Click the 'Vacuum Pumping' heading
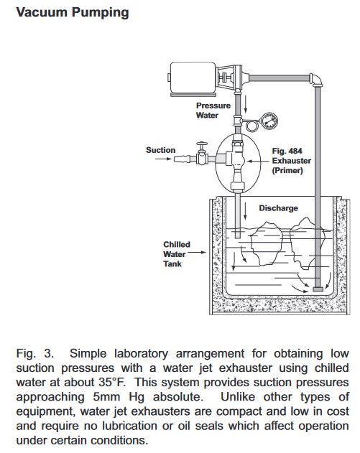[73, 13]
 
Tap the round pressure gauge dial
[269, 121]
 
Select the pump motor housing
[193, 78]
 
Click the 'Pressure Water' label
[213, 111]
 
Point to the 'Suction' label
[160, 150]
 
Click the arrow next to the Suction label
[163, 159]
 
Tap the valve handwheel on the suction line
[202, 144]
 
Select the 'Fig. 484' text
[287, 151]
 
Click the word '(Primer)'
[287, 170]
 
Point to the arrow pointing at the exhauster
[257, 162]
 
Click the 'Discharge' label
[278, 208]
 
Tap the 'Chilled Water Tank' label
[176, 254]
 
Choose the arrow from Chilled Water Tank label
[197, 252]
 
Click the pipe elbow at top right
[315, 80]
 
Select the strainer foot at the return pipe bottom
[318, 289]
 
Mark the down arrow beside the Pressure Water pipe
[246, 105]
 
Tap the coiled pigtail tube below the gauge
[251, 126]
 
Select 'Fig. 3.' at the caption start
[35, 354]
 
